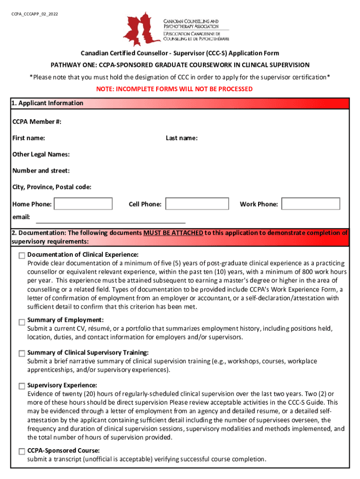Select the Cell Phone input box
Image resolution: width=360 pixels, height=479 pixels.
coord(197,204)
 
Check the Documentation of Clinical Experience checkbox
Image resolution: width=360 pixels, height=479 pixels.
coord(22,256)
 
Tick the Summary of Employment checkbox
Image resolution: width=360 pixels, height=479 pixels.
coord(22,322)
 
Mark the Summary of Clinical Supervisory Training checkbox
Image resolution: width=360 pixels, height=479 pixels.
coord(22,354)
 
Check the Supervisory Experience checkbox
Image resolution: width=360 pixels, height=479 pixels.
coord(22,386)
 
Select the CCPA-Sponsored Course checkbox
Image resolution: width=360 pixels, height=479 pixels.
coord(22,452)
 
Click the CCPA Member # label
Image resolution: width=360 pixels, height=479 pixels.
coord(37,122)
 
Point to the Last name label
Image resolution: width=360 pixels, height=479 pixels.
coord(181,138)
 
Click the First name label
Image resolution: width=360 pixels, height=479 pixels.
coord(29,138)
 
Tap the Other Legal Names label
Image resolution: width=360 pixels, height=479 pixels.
coord(41,154)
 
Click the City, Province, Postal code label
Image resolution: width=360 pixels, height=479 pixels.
coord(52,187)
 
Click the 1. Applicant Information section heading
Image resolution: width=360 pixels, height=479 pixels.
coord(47,103)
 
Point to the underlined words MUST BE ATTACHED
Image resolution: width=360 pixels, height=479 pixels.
coord(173,232)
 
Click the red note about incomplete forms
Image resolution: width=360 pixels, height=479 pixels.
coord(180,89)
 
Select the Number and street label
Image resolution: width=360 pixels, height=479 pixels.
coord(41,171)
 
